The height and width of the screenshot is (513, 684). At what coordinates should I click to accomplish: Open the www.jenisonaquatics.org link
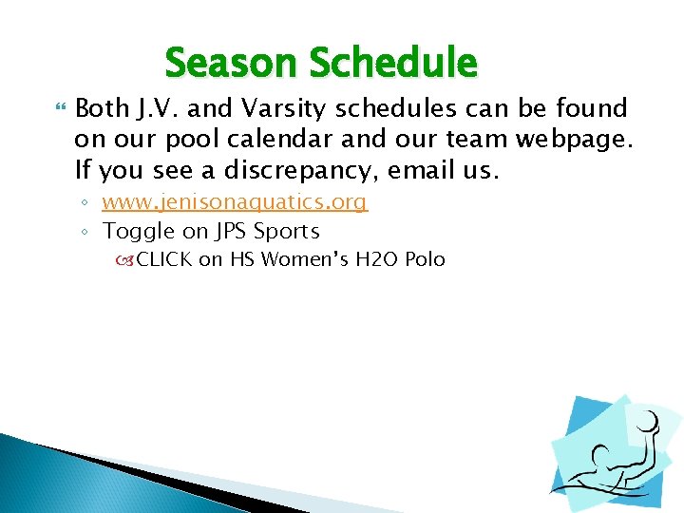click(235, 202)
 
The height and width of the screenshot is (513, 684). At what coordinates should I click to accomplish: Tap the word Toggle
click(139, 231)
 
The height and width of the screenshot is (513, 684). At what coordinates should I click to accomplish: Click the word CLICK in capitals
click(164, 259)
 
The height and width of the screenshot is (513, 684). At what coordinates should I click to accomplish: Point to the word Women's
click(304, 259)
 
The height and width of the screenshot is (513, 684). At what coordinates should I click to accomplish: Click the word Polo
click(426, 259)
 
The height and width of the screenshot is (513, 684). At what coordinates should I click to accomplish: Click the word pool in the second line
click(188, 141)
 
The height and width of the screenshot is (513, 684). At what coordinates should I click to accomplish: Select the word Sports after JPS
click(287, 231)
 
